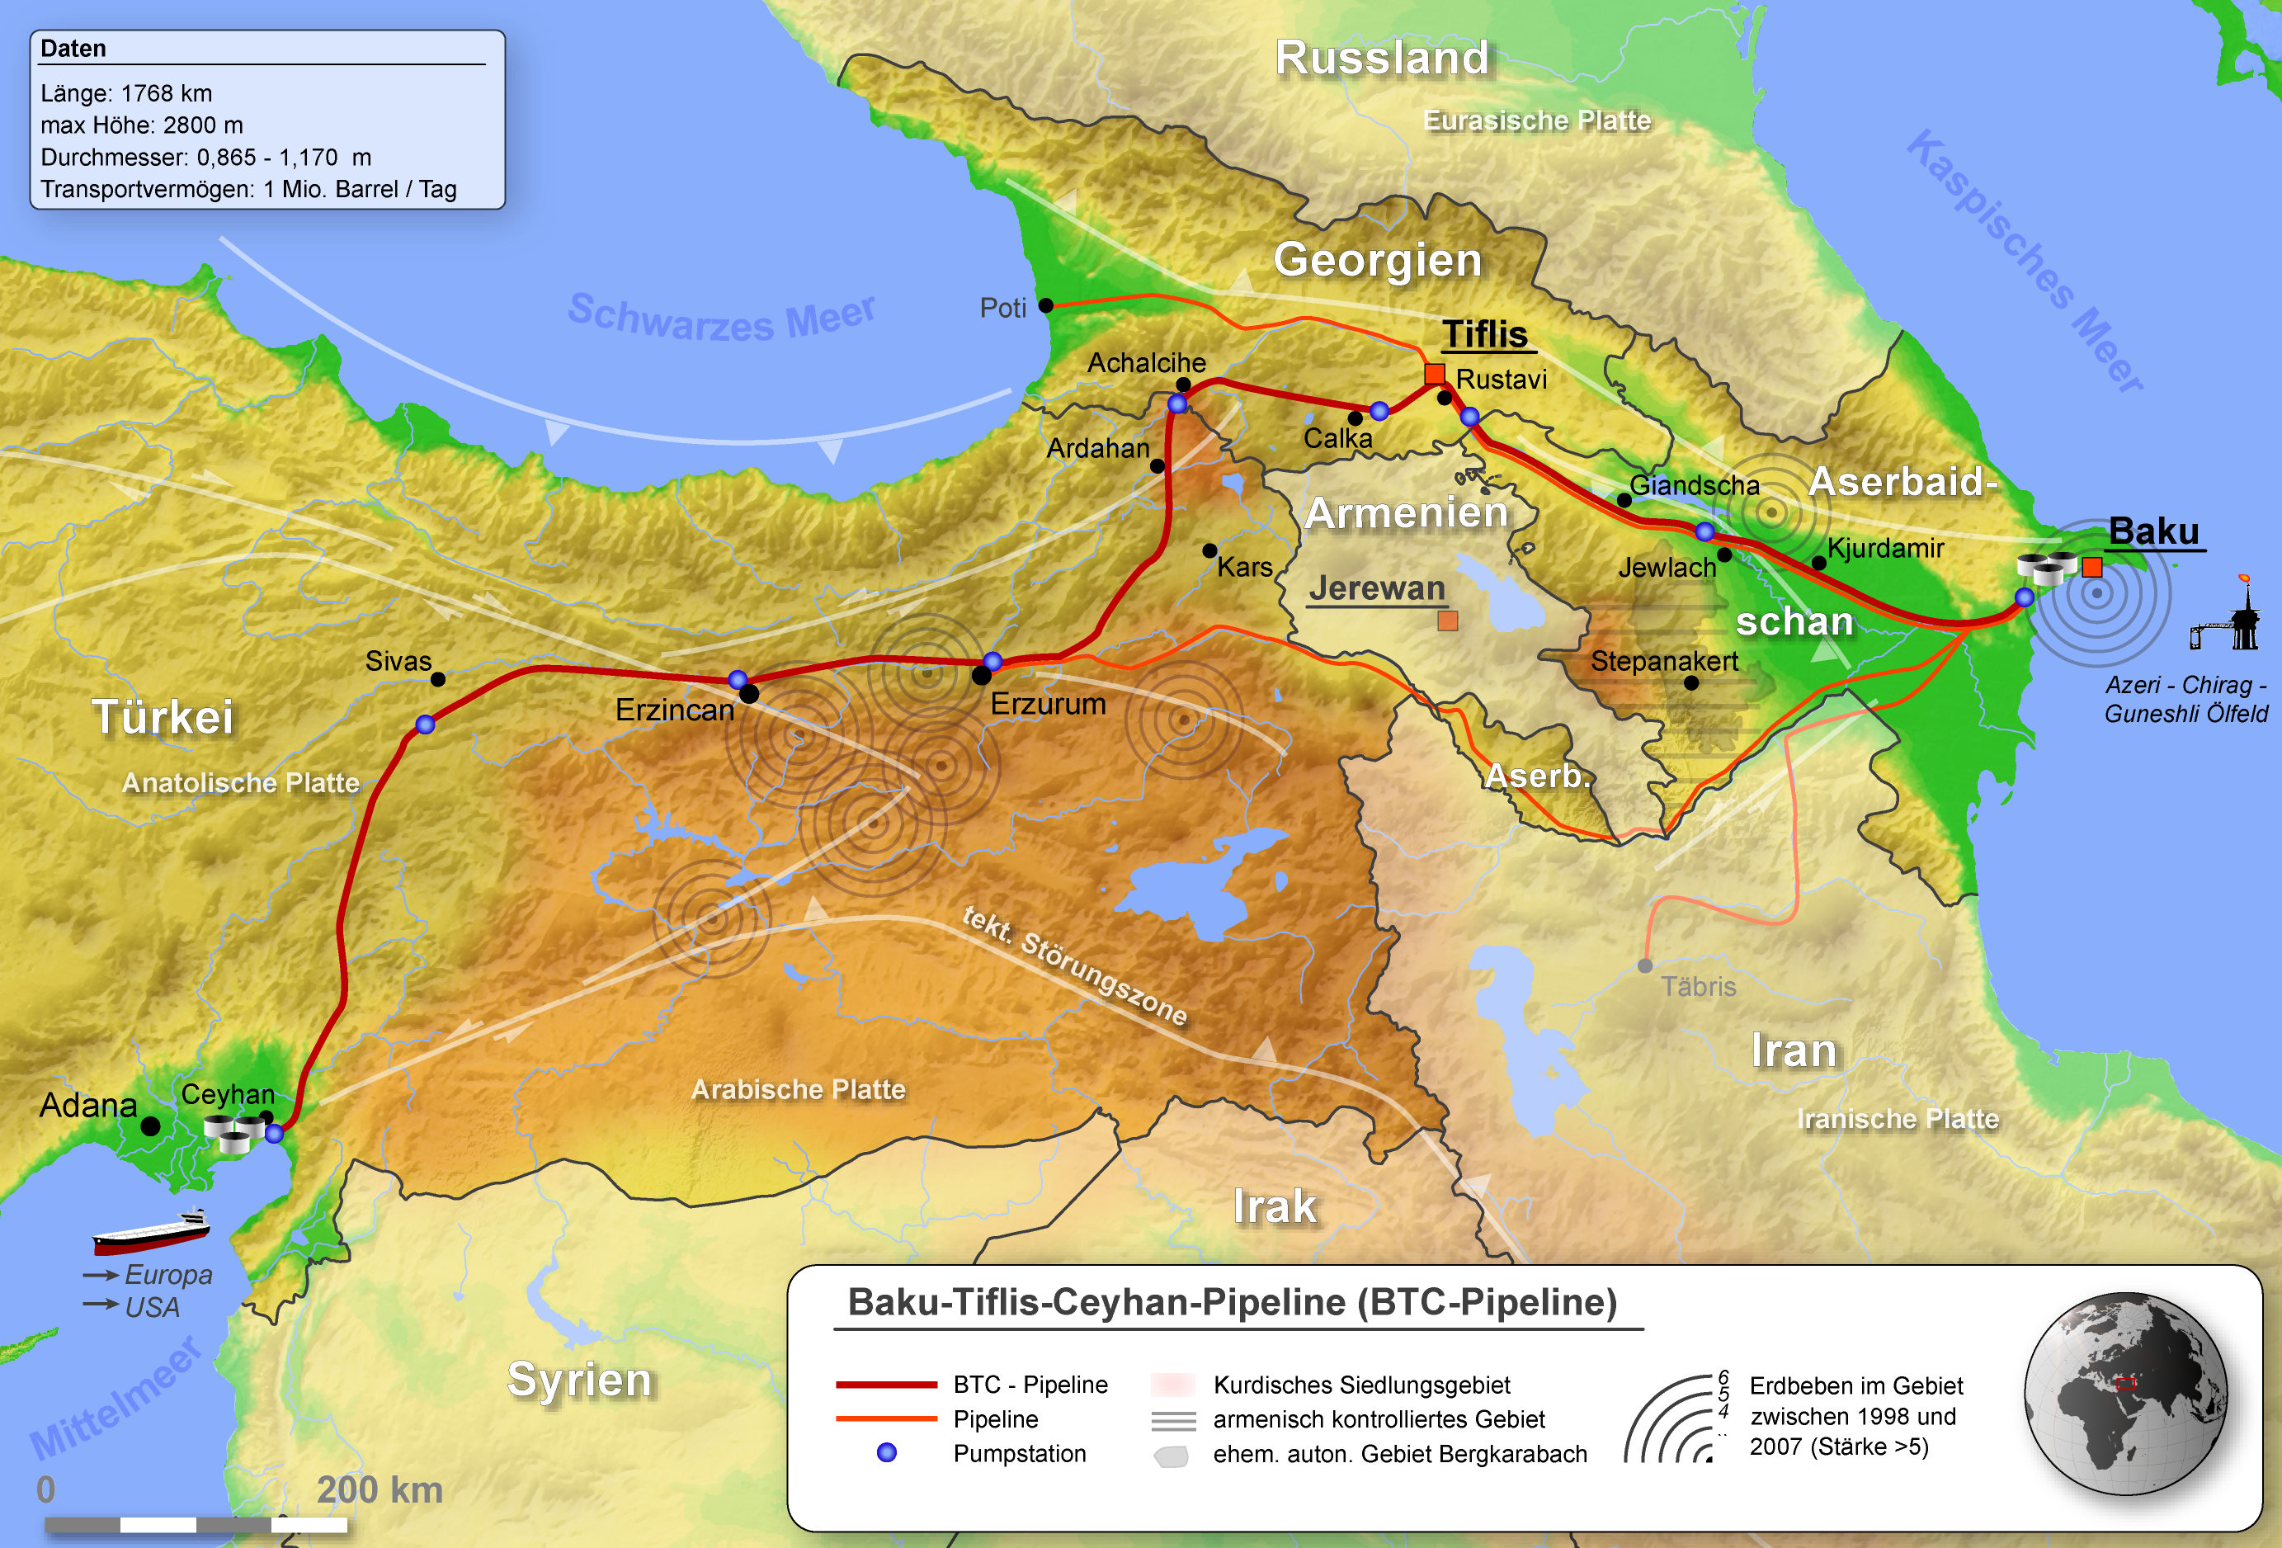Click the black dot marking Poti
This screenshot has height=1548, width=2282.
pos(1046,305)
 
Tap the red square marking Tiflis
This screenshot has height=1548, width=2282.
pos(1435,373)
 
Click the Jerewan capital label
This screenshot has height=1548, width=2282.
pos(1377,588)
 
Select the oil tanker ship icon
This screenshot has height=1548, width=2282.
pos(151,1232)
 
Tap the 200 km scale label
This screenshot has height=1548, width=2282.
pos(379,1490)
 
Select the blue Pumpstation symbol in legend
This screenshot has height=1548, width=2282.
pos(887,1453)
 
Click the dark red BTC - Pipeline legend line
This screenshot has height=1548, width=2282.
pos(887,1384)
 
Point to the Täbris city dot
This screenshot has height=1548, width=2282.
pos(1646,966)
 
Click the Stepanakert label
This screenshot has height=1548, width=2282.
pos(1663,661)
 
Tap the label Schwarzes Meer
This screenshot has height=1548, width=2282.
pos(721,317)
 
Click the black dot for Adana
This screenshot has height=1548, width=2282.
pos(150,1126)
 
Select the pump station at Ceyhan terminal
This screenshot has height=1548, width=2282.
pos(275,1134)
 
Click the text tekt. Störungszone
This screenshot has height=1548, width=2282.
pos(1074,965)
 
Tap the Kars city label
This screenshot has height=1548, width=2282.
pos(1244,567)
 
